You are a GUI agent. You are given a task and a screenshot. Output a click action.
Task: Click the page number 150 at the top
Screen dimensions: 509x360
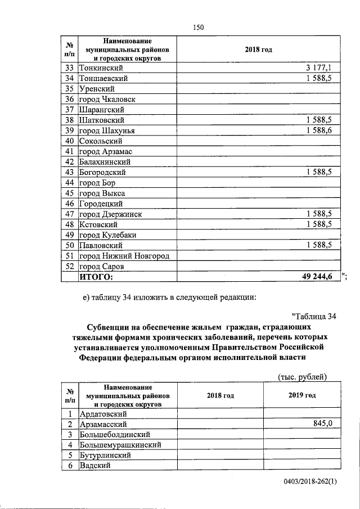pyautogui.click(x=197, y=28)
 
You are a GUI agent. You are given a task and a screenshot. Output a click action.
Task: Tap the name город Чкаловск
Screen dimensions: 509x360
pyautogui.click(x=107, y=100)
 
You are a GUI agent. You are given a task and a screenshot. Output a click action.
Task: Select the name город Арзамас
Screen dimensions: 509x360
pyautogui.click(x=105, y=152)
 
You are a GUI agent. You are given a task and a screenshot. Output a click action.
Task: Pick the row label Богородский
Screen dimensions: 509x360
pyautogui.click(x=102, y=173)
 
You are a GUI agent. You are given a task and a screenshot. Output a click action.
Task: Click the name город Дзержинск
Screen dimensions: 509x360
pyautogui.click(x=110, y=214)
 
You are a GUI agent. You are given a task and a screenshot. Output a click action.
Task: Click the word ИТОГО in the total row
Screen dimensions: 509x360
pyautogui.click(x=96, y=277)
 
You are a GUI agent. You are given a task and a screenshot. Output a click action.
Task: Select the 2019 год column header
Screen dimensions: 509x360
pyautogui.click(x=301, y=395)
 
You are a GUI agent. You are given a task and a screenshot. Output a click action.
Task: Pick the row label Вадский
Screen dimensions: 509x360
pyautogui.click(x=94, y=466)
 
